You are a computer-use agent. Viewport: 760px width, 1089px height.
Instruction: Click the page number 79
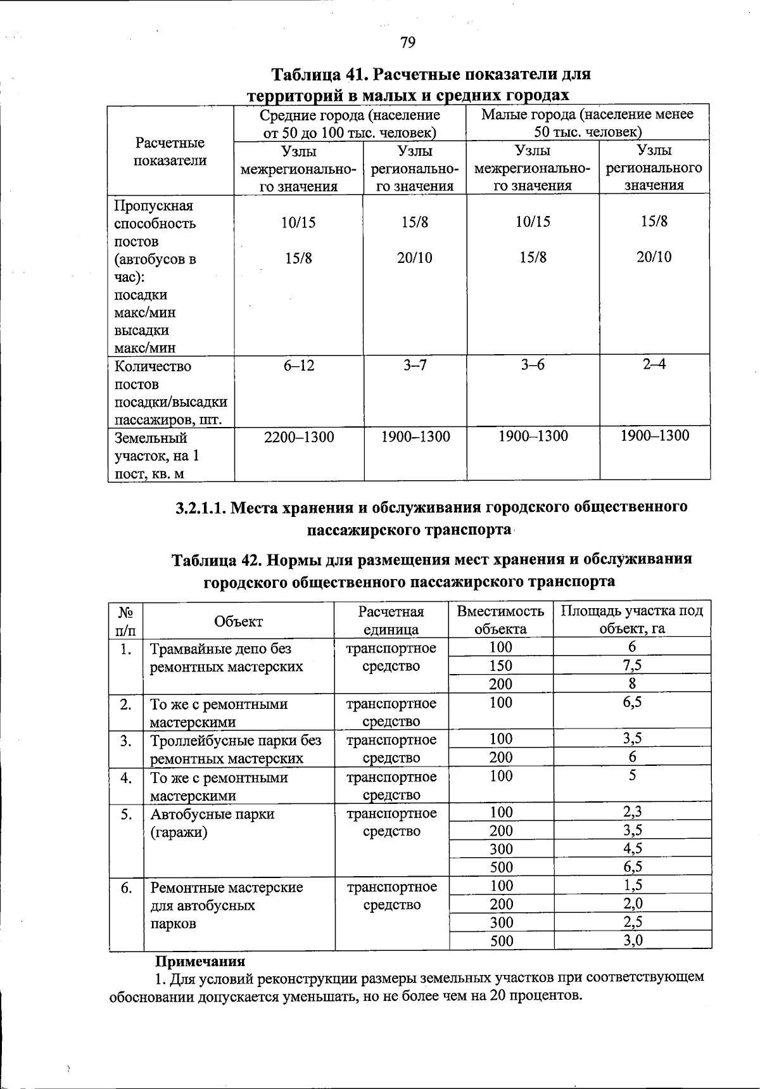tap(407, 42)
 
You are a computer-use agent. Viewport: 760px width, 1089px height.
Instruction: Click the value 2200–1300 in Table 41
tap(299, 436)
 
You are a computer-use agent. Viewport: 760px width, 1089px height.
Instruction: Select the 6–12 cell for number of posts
tap(299, 366)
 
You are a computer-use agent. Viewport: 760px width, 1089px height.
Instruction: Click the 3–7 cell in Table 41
tap(415, 366)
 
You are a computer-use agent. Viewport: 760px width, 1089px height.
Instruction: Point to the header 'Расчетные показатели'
tap(170, 151)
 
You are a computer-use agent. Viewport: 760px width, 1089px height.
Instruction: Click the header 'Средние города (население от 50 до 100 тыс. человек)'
tap(350, 124)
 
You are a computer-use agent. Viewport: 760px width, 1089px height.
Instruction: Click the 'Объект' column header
tap(238, 621)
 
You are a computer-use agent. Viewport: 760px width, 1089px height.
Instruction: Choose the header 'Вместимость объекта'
tap(500, 620)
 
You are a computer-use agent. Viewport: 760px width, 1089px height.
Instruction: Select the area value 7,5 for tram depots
tap(632, 665)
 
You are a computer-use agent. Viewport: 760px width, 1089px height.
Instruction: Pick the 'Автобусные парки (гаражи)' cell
tap(212, 823)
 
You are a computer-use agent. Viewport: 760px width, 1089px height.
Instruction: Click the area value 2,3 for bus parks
tap(632, 812)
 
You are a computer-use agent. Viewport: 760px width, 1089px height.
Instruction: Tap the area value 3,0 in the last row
tap(632, 940)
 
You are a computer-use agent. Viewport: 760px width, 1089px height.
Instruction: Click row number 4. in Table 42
tap(126, 777)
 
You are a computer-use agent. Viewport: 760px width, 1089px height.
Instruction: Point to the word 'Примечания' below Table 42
tap(200, 961)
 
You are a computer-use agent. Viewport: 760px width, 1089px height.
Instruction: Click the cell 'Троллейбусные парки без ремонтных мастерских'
tap(235, 749)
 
